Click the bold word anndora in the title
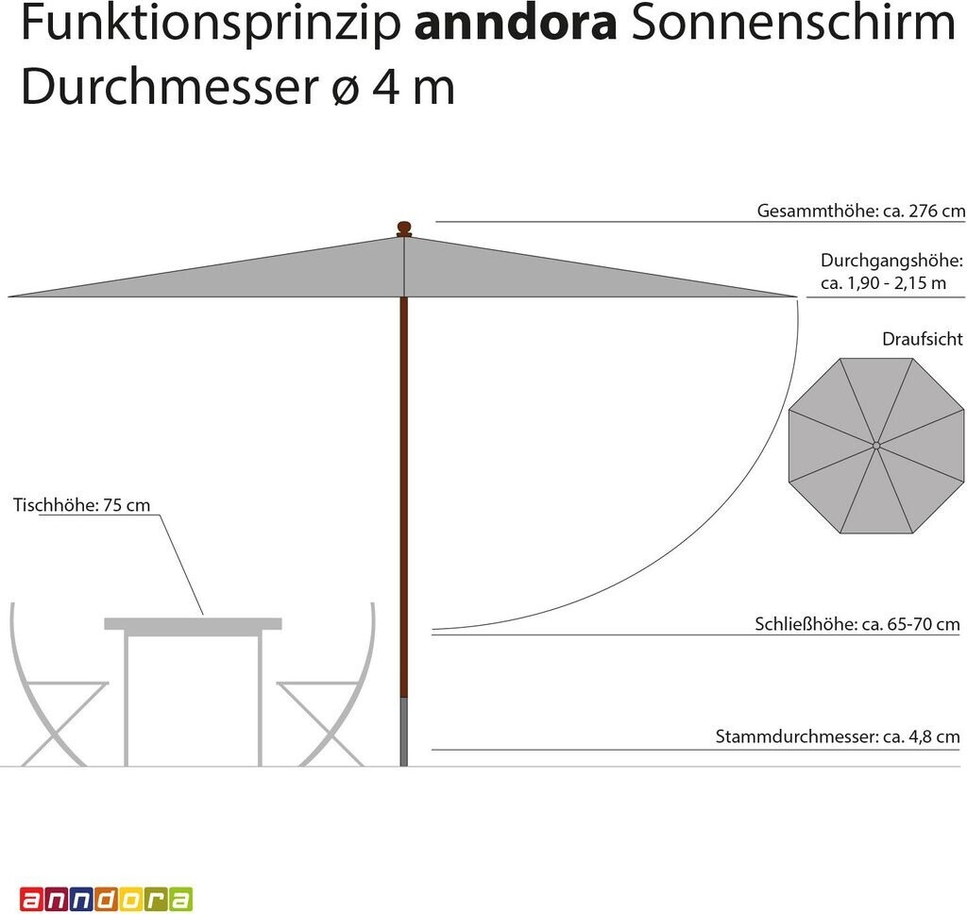click(x=516, y=25)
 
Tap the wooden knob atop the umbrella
click(x=404, y=228)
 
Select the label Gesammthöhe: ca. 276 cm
click(x=860, y=211)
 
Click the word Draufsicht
click(x=923, y=338)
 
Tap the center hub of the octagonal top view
click(x=876, y=445)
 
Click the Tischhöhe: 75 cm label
click(x=81, y=505)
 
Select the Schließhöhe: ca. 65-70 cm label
click(x=857, y=623)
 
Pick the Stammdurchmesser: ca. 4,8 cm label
click(x=838, y=736)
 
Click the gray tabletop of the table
click(x=193, y=623)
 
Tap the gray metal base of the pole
click(x=404, y=732)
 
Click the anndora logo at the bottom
click(x=106, y=898)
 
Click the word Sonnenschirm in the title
click(x=793, y=25)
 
